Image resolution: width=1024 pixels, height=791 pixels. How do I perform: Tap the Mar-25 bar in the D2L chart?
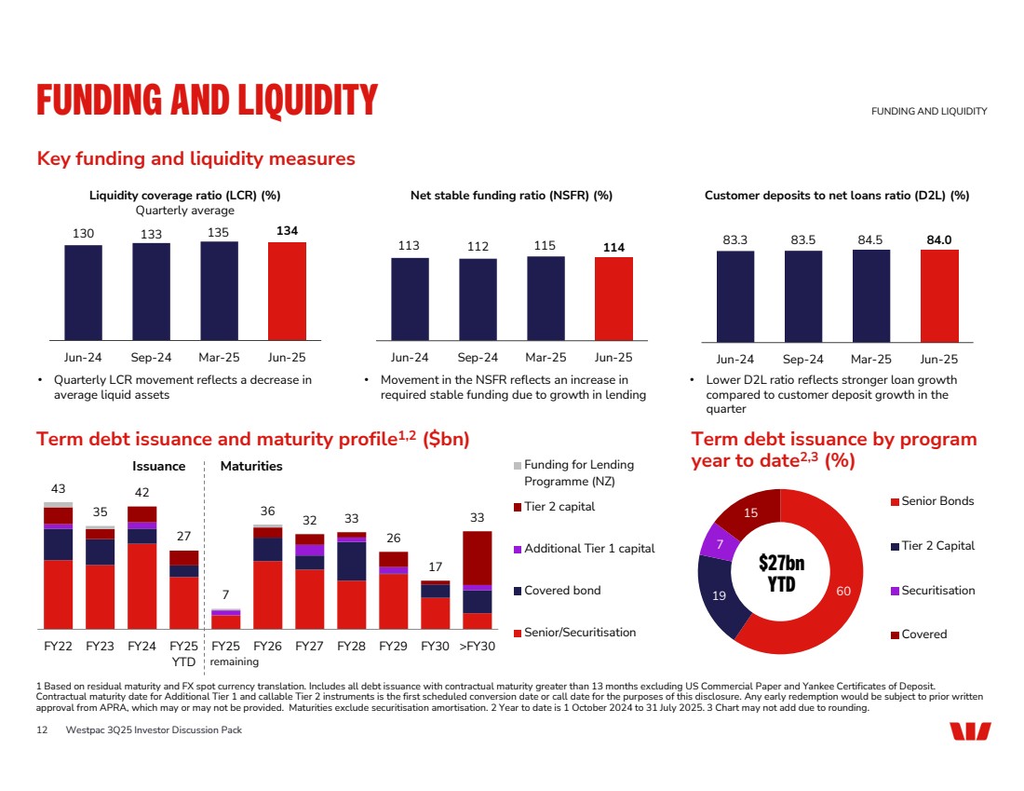(x=871, y=296)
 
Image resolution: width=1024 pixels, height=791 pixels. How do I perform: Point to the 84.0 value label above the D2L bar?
(x=939, y=239)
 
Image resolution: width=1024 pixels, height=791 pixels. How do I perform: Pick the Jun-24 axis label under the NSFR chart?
(x=410, y=357)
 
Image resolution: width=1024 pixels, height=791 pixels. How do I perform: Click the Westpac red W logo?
(x=970, y=731)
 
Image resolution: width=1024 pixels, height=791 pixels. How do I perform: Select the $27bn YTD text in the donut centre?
(x=781, y=573)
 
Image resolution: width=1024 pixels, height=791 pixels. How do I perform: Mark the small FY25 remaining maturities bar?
(x=225, y=620)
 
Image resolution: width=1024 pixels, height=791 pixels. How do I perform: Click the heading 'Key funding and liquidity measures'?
(x=195, y=158)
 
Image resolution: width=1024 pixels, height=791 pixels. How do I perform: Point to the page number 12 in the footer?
(x=42, y=730)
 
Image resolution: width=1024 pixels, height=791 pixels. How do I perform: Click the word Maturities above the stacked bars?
(x=251, y=466)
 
